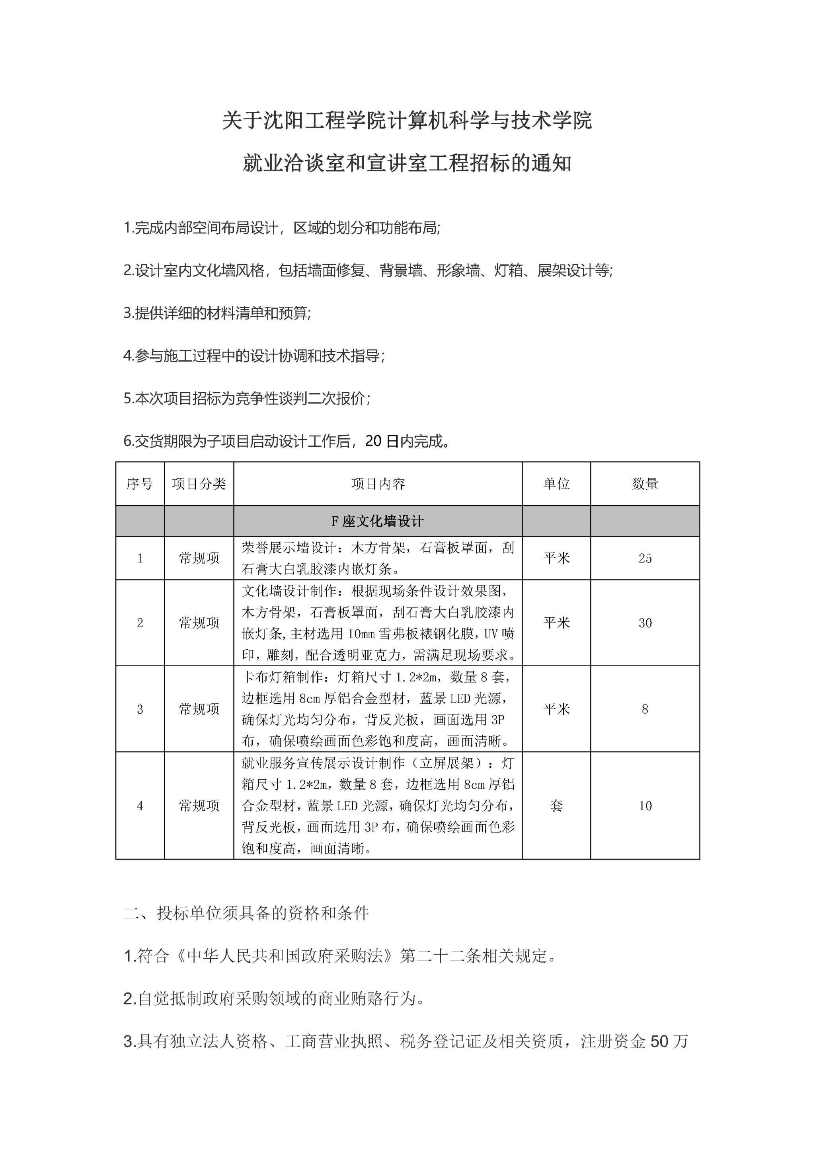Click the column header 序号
[x=140, y=484]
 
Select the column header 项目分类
[x=199, y=484]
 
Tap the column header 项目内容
[x=378, y=484]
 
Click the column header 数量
[x=645, y=484]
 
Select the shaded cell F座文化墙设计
[x=378, y=522]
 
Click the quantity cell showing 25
[x=645, y=558]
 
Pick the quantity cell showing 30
[x=645, y=623]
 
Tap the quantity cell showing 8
[x=645, y=709]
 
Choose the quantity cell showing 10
[x=645, y=806]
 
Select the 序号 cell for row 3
[x=140, y=709]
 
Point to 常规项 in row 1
[x=199, y=558]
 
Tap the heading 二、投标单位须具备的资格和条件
[x=246, y=913]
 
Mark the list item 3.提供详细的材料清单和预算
[x=217, y=313]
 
